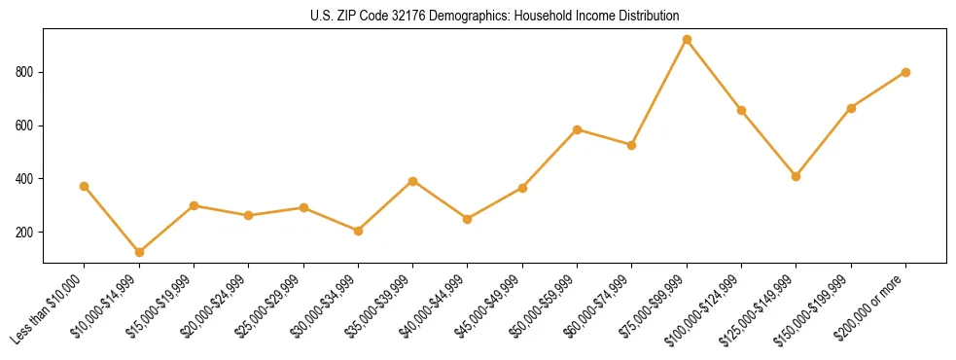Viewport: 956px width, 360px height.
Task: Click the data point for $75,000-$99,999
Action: pyautogui.click(x=687, y=40)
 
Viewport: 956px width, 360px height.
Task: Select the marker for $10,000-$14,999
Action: pyautogui.click(x=139, y=252)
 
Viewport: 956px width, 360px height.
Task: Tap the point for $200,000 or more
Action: pyautogui.click(x=905, y=72)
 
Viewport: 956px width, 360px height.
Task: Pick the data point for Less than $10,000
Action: pyautogui.click(x=85, y=186)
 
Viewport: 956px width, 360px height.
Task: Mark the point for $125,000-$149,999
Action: pyautogui.click(x=796, y=176)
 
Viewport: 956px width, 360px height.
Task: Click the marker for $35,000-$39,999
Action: pyautogui.click(x=413, y=181)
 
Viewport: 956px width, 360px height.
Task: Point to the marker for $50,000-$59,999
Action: pyautogui.click(x=578, y=129)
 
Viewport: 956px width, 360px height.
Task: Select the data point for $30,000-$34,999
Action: pyautogui.click(x=358, y=231)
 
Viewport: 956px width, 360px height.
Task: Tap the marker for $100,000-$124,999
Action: pyautogui.click(x=741, y=110)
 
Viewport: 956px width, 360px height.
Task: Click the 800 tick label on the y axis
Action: pyautogui.click(x=26, y=72)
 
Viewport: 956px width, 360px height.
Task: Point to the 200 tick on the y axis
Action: pyautogui.click(x=26, y=233)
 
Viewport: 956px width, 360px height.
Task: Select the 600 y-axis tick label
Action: pyautogui.click(x=26, y=126)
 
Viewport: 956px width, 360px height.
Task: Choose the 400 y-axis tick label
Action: pyautogui.click(x=26, y=179)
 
